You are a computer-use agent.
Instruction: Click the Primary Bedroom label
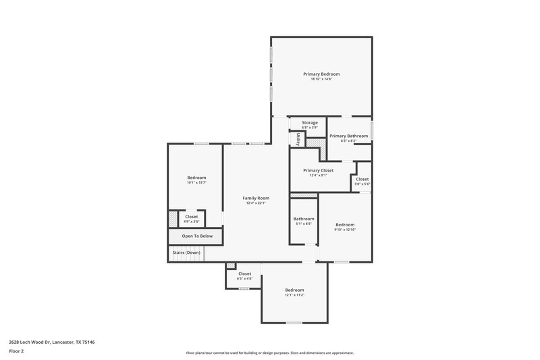click(x=321, y=74)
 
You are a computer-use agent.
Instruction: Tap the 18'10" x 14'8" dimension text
click(x=321, y=80)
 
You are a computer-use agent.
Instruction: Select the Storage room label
click(x=310, y=122)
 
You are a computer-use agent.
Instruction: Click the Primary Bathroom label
click(x=348, y=136)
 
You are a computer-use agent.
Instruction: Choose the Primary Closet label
click(x=318, y=170)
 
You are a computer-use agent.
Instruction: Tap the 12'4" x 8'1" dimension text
click(x=318, y=176)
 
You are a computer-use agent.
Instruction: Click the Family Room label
click(x=256, y=198)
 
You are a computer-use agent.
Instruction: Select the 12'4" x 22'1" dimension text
click(x=256, y=203)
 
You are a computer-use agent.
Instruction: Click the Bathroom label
click(x=304, y=218)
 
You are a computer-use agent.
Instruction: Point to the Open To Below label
click(x=197, y=236)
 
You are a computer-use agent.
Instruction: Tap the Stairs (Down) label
click(x=186, y=252)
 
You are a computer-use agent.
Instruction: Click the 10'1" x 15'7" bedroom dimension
click(x=196, y=183)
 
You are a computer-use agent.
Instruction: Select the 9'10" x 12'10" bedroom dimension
click(x=344, y=230)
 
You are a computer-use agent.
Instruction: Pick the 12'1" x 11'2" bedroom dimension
click(x=294, y=295)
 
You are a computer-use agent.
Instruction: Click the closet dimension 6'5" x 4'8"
click(x=244, y=279)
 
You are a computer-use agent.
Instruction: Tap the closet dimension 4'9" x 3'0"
click(x=192, y=222)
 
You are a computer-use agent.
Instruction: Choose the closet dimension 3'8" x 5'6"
click(x=362, y=184)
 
